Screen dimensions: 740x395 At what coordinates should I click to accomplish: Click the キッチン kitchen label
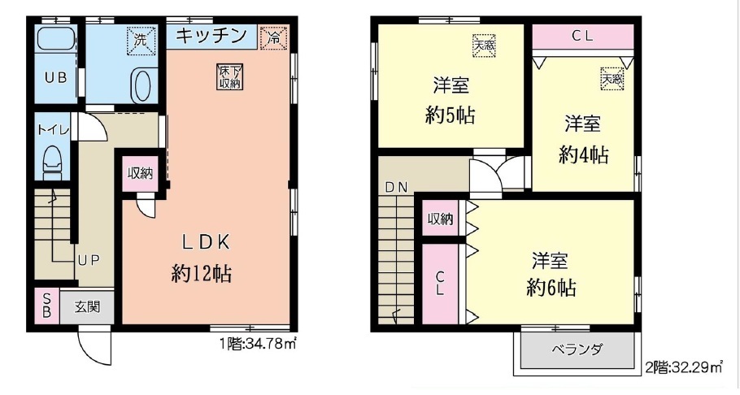(211, 36)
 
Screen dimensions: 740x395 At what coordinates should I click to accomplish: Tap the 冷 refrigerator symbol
(273, 37)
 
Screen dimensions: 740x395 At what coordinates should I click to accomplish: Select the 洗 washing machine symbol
(140, 40)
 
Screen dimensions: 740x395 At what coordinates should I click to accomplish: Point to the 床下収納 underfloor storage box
(229, 76)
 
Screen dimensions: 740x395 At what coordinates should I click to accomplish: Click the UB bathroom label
(55, 78)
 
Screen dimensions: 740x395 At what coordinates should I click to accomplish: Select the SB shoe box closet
(46, 306)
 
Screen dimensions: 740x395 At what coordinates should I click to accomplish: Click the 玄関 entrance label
(87, 306)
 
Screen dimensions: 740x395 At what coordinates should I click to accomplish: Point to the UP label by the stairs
(89, 260)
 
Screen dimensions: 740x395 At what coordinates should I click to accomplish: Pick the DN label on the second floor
(397, 188)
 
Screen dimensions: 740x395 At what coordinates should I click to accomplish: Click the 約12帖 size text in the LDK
(202, 273)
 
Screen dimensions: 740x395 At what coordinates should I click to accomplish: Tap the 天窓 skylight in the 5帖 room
(484, 46)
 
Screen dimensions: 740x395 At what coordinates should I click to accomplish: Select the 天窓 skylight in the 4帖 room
(612, 78)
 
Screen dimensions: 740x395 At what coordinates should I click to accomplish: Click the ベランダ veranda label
(577, 349)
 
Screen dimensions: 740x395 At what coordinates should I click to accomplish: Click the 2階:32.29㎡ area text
(684, 367)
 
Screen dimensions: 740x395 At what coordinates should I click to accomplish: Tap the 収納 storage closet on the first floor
(140, 174)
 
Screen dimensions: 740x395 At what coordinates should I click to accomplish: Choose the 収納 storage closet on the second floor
(440, 219)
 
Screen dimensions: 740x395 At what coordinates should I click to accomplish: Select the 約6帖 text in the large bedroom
(551, 288)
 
